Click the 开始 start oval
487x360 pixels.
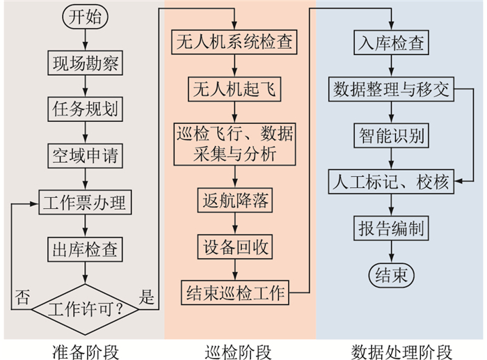click(85, 17)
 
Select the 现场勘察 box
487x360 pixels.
click(85, 63)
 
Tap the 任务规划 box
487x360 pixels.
click(85, 109)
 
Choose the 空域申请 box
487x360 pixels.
click(85, 155)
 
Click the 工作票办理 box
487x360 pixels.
click(84, 203)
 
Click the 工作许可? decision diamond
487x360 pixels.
click(84, 307)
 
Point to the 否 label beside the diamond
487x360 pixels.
click(22, 297)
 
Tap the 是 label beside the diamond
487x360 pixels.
click(147, 297)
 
